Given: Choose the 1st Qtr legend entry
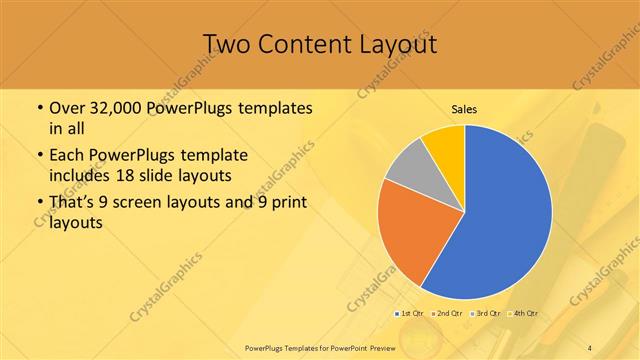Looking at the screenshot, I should coord(411,313).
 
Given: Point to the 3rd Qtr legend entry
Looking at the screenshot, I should coord(486,313).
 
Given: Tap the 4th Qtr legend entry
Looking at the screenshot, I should coord(523,313).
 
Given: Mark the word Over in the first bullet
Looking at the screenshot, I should coord(65,107).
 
